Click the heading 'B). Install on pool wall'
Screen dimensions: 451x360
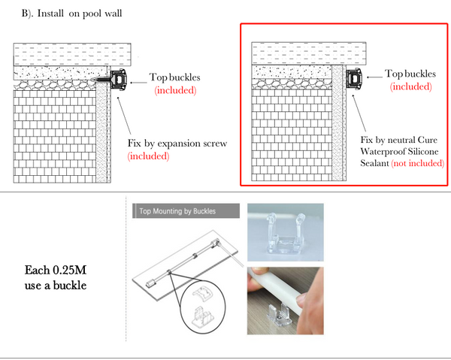[71, 14]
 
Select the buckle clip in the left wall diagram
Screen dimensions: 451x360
[118, 79]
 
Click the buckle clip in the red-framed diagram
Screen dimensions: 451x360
[354, 78]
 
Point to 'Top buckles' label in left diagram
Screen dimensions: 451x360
[174, 77]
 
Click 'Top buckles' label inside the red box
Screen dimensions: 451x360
[410, 74]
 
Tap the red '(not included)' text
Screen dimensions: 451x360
[418, 163]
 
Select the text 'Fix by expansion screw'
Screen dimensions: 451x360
[177, 144]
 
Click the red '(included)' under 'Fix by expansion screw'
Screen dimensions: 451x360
[148, 156]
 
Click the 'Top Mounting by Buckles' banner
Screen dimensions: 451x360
[186, 211]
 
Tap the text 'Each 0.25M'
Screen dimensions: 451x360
[56, 270]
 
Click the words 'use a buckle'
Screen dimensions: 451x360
[56, 286]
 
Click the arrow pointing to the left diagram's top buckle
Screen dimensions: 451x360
[138, 83]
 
